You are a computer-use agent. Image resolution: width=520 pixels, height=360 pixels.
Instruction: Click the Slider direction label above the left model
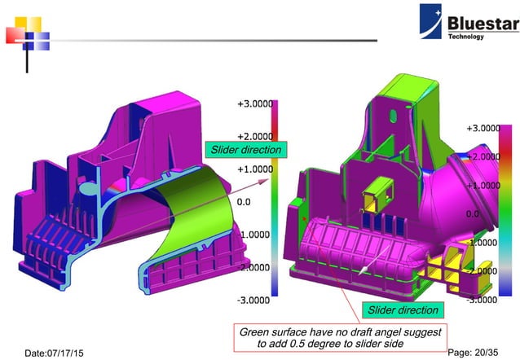point(245,150)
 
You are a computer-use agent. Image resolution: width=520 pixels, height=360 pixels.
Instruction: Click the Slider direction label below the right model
point(402,310)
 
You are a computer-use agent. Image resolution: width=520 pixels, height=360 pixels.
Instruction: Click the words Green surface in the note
point(271,332)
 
